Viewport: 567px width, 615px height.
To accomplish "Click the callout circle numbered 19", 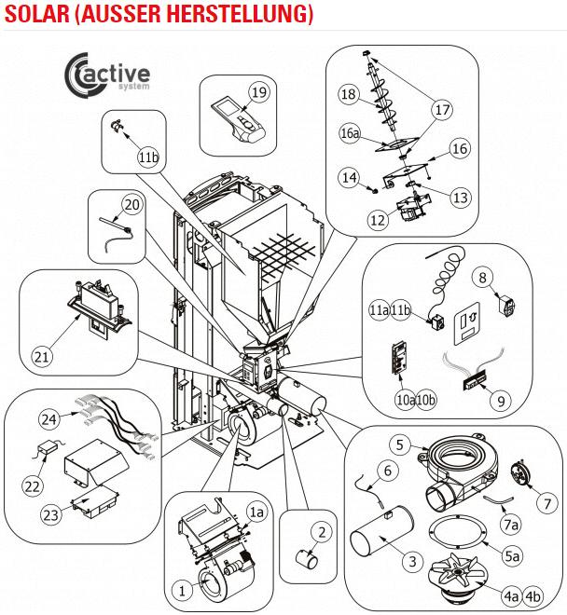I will tap(258, 92).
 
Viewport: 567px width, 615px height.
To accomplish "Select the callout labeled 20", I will tap(131, 205).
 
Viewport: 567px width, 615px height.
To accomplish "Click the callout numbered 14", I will tap(349, 177).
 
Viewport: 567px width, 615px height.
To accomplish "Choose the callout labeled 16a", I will tap(350, 134).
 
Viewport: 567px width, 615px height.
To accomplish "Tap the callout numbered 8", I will tap(482, 277).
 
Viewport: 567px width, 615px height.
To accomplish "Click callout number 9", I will tap(501, 401).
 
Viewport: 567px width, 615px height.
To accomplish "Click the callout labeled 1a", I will tap(256, 512).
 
